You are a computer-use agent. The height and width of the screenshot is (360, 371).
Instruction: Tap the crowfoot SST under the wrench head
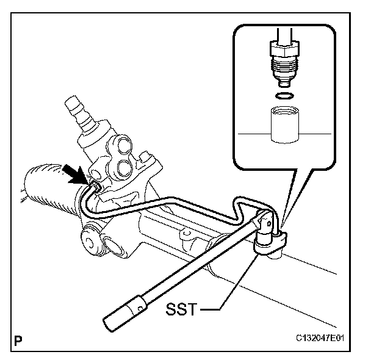coord(267,245)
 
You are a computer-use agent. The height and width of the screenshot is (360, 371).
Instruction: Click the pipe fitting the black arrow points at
coord(94,182)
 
